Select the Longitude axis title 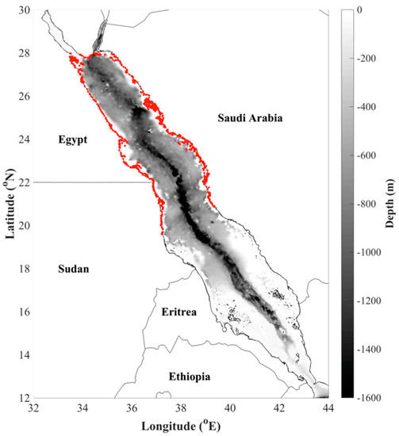[x=180, y=426]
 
